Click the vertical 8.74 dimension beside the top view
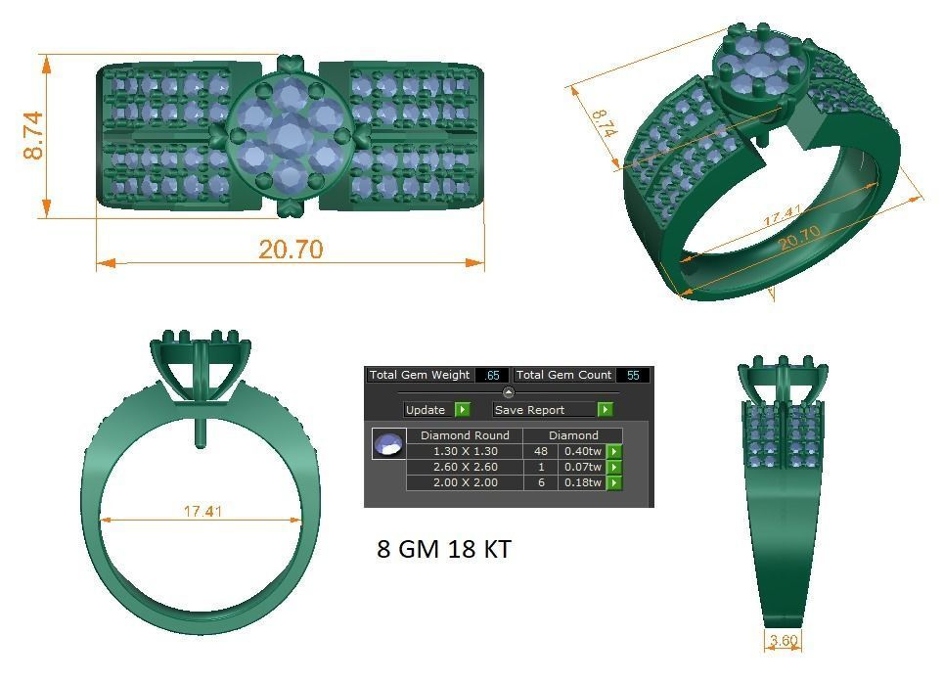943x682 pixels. click(x=32, y=136)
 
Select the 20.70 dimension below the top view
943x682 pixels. click(x=291, y=250)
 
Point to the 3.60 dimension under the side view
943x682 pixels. click(x=784, y=642)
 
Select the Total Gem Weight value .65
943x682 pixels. click(x=491, y=375)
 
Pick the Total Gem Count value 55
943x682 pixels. click(x=632, y=375)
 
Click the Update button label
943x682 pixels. click(x=426, y=410)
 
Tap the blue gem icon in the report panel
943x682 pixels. click(x=388, y=444)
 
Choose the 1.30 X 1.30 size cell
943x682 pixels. click(x=465, y=451)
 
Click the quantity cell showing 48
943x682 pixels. click(x=540, y=451)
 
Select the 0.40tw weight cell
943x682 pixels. click(x=581, y=451)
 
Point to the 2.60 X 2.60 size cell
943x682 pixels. click(x=465, y=467)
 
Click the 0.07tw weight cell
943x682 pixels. click(x=581, y=467)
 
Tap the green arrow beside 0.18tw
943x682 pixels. click(x=614, y=482)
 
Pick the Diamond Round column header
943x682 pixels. click(x=465, y=435)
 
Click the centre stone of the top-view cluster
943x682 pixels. click(x=291, y=136)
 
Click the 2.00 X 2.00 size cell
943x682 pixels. click(x=465, y=482)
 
